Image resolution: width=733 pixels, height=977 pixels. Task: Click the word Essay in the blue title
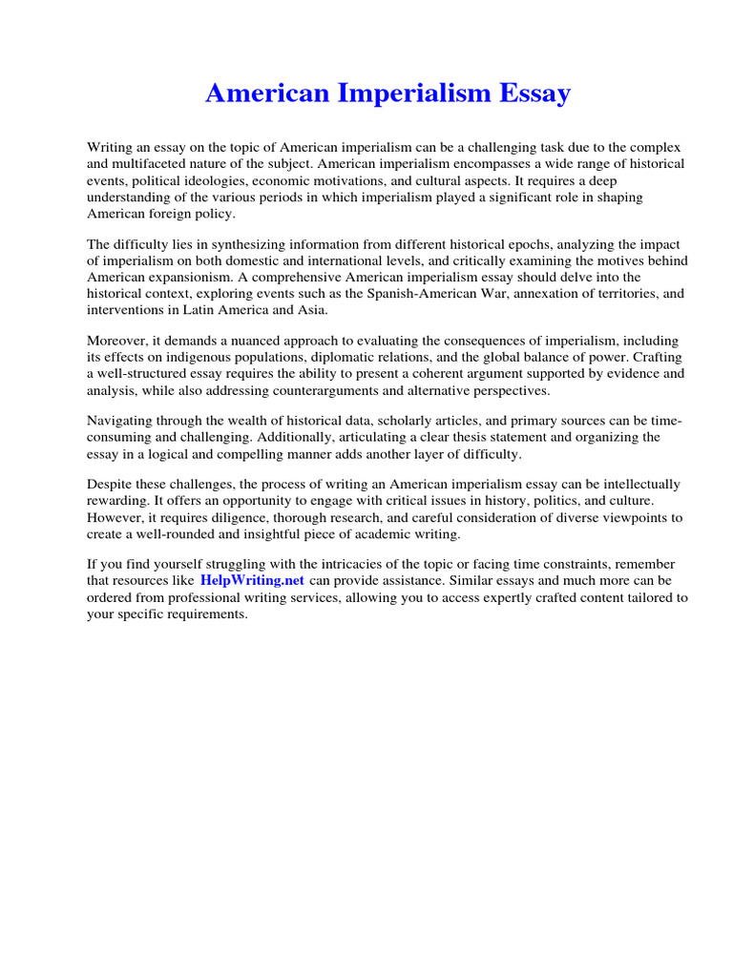point(528,94)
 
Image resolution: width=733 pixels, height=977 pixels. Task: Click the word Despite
point(111,485)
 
